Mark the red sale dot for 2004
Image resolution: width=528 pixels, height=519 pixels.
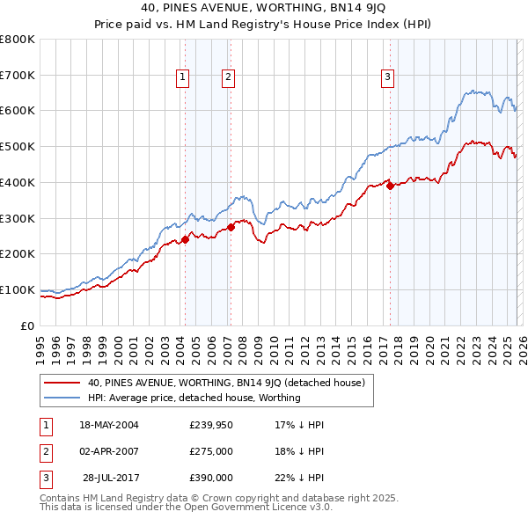point(186,239)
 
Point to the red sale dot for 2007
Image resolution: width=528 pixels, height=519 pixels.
point(231,227)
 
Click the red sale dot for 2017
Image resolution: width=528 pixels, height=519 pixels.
point(390,186)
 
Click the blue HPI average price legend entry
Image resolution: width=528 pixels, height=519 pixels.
point(194,398)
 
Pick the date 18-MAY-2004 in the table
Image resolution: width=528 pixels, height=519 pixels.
point(109,426)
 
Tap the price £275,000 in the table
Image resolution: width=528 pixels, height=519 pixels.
point(211,452)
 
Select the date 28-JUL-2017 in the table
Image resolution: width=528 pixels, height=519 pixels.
point(109,479)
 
